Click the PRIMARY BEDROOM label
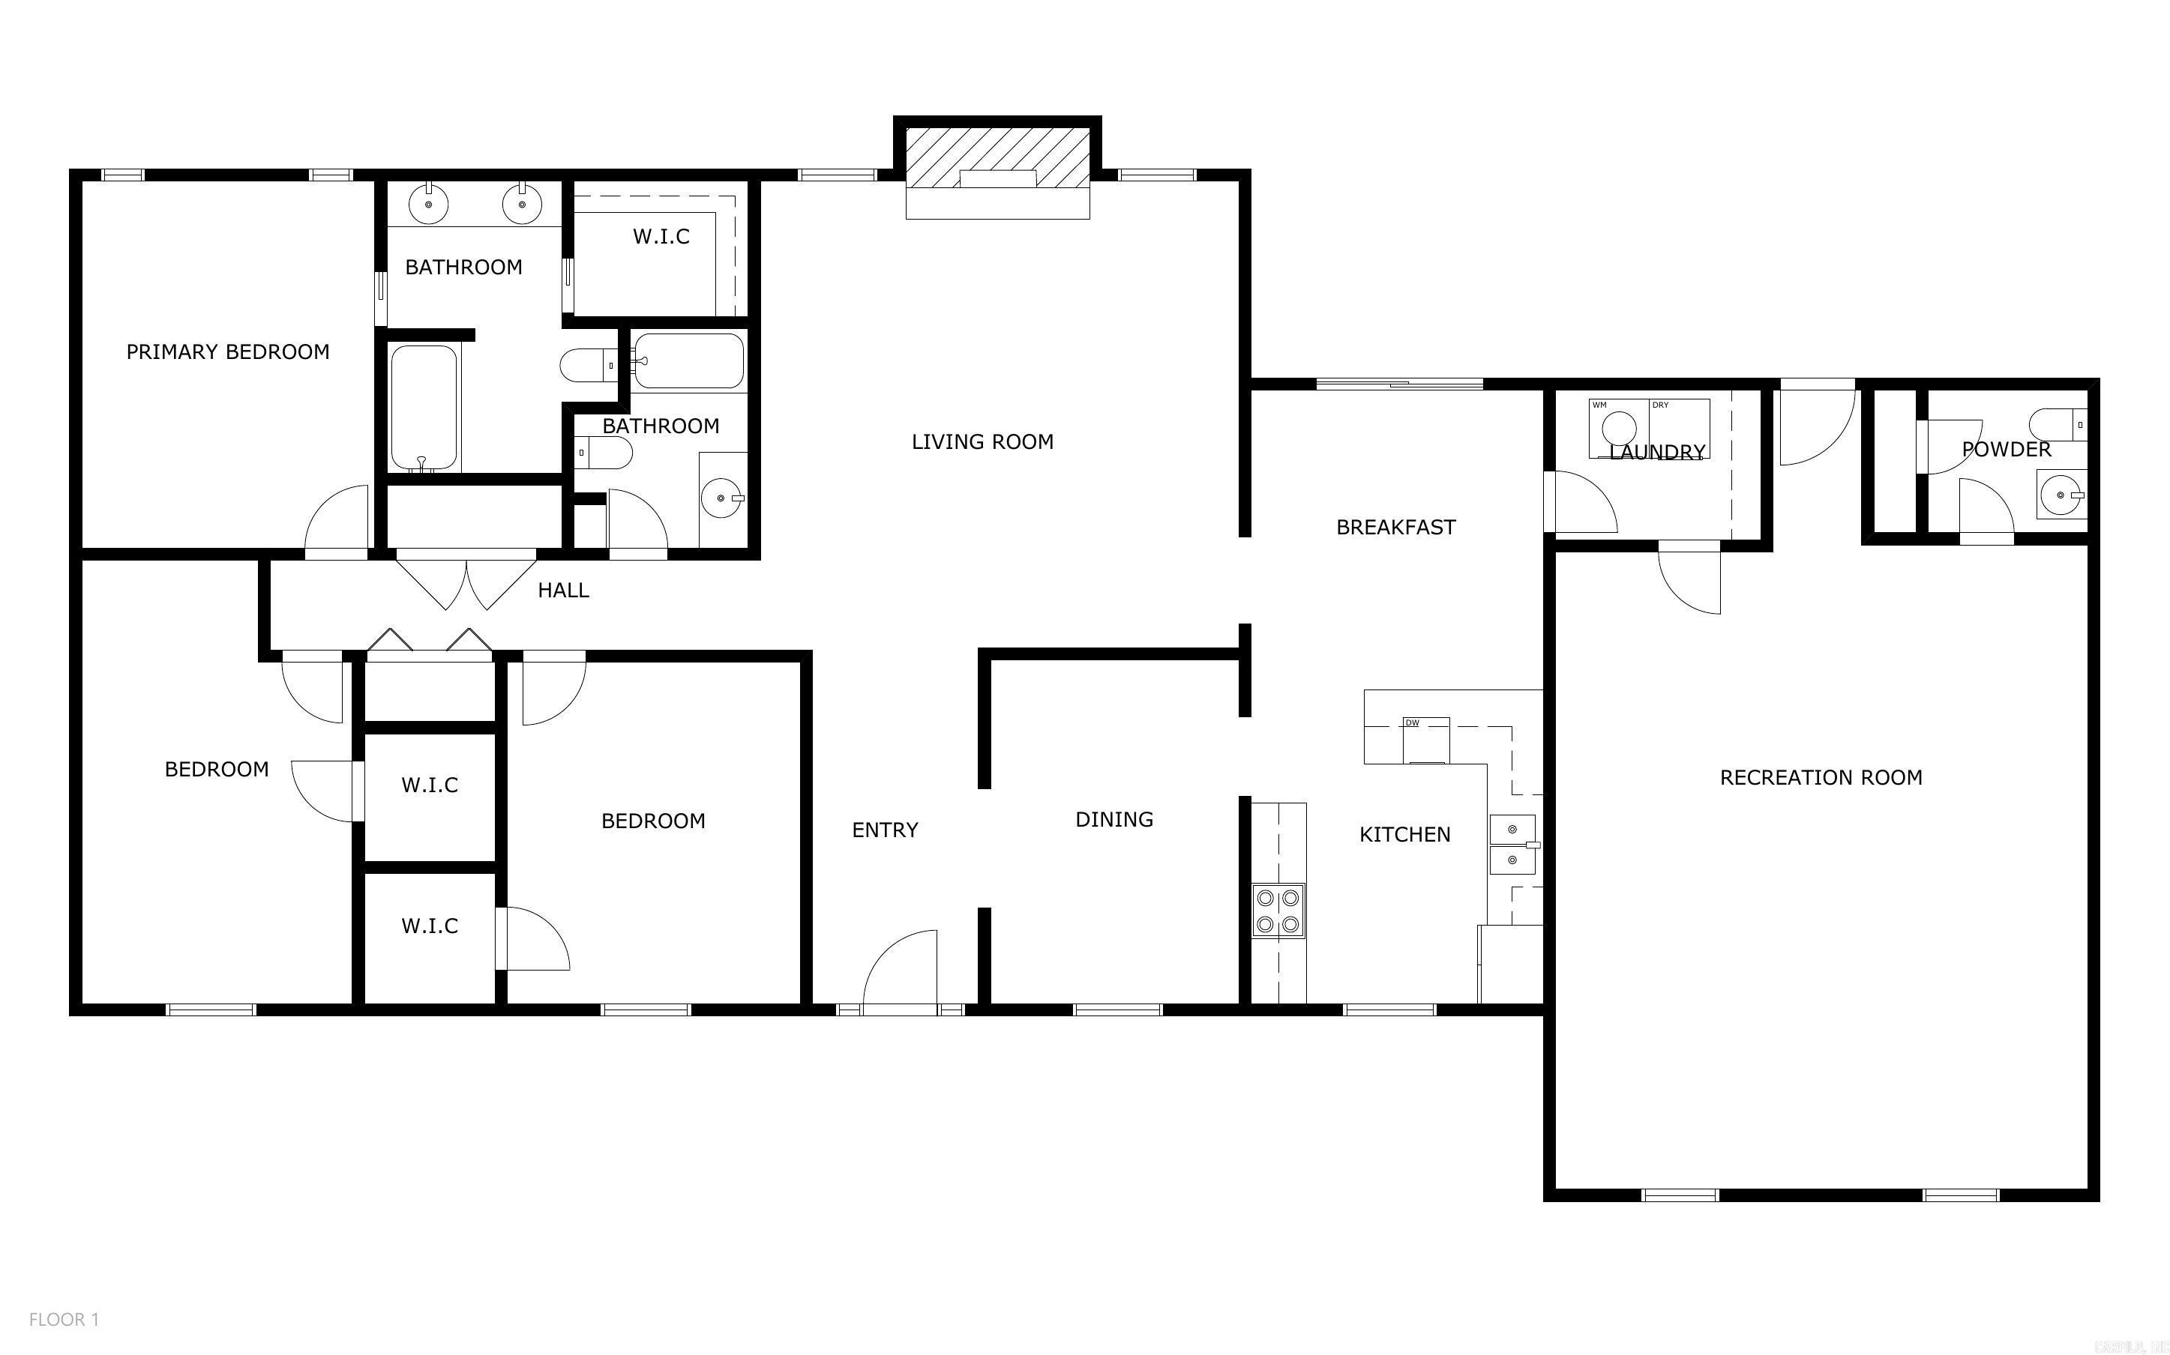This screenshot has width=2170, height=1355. pos(228,352)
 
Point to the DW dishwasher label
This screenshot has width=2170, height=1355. pos(1413,723)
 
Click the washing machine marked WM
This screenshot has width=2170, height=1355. pos(1619,429)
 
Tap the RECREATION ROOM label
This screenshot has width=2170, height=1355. pos(1821,778)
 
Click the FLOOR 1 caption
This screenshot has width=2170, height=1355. pos(64,1319)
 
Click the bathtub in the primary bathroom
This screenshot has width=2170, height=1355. pos(424,408)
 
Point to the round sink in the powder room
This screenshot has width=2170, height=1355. pos(2059,495)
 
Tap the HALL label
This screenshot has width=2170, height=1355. pos(563,591)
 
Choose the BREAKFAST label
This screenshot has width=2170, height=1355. pos(1395,528)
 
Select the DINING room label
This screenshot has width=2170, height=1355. pos(1114,819)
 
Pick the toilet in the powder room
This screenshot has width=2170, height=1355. pos(2058,422)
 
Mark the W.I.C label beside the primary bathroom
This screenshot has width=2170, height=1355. pos(661,237)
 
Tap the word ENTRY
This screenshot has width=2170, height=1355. pos(885,830)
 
